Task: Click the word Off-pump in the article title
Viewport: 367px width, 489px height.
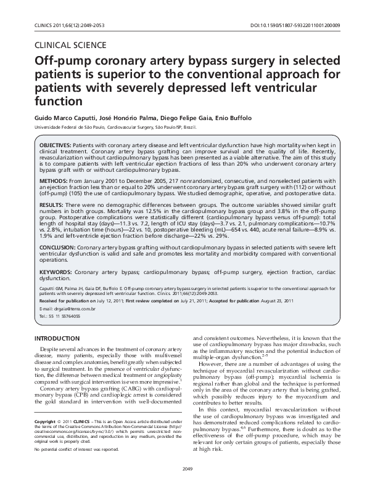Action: [x=62, y=62]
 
